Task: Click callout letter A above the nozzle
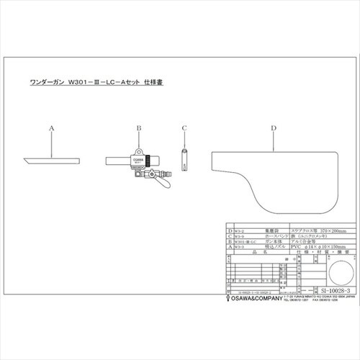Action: (52, 127)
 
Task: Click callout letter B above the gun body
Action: (138, 127)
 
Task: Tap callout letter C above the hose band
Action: (184, 127)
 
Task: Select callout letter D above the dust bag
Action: (274, 127)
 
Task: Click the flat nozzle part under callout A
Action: (53, 159)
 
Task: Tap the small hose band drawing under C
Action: (184, 158)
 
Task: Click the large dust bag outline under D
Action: (274, 173)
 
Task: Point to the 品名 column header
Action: (264, 253)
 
